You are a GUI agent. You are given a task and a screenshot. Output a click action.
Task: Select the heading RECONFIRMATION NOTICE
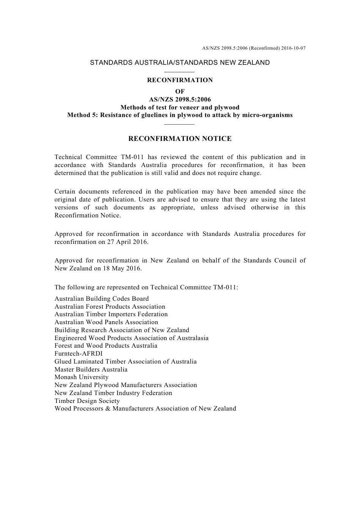point(180,139)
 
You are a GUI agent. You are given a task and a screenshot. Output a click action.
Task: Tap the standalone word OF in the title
point(180,91)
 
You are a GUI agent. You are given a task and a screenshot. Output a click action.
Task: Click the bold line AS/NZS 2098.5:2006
point(180,100)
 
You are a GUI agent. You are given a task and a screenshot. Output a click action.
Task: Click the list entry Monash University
point(81,377)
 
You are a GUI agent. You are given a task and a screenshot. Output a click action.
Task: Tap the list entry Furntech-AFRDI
point(78,354)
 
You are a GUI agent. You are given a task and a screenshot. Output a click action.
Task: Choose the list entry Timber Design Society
point(87,401)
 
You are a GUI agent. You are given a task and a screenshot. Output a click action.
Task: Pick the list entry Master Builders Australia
point(91,369)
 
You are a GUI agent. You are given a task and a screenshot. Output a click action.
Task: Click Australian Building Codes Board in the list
point(102,299)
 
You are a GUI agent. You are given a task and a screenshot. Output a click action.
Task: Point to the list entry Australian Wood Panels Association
point(106,322)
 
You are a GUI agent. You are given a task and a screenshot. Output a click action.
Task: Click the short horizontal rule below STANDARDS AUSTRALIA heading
point(180,72)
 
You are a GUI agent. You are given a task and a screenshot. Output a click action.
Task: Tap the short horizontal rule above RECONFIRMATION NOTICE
point(180,124)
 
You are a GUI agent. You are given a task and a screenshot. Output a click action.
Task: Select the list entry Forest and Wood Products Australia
point(106,346)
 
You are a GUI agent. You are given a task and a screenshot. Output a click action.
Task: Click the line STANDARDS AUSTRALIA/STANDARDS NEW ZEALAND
point(180,63)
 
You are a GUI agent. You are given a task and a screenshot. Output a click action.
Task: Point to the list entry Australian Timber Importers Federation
point(111,314)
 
